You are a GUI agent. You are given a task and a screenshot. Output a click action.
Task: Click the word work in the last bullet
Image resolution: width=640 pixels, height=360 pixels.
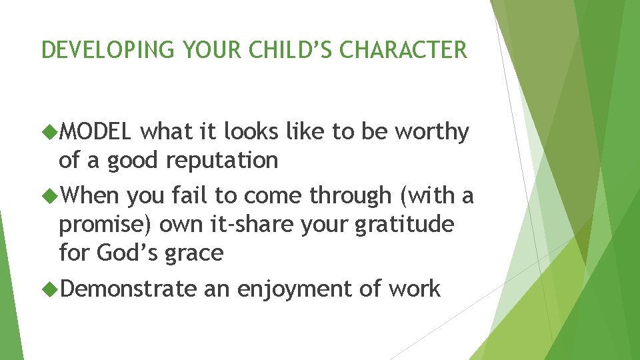414,289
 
